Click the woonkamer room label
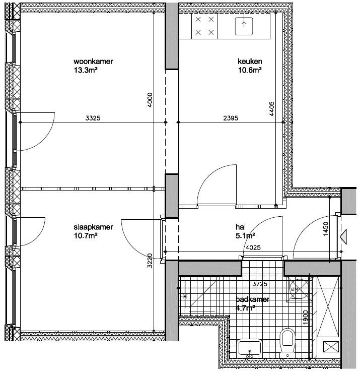[x=93, y=61]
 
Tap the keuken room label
[x=250, y=61]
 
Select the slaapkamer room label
[x=93, y=227]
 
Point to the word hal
[x=241, y=227]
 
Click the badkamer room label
[x=252, y=299]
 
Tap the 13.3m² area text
[x=86, y=70]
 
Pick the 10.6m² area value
[x=250, y=70]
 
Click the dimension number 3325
[x=93, y=118]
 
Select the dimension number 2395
[x=231, y=118]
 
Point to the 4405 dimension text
[x=271, y=109]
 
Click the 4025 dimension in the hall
[x=253, y=247]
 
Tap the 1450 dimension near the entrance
[x=326, y=229]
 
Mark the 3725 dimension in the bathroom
[x=260, y=284]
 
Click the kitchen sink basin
[x=244, y=26]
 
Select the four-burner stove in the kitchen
[x=204, y=26]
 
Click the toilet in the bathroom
[x=287, y=342]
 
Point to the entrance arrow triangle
[x=343, y=237]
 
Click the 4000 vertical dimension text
[x=150, y=100]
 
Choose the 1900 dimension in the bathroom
[x=305, y=318]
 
